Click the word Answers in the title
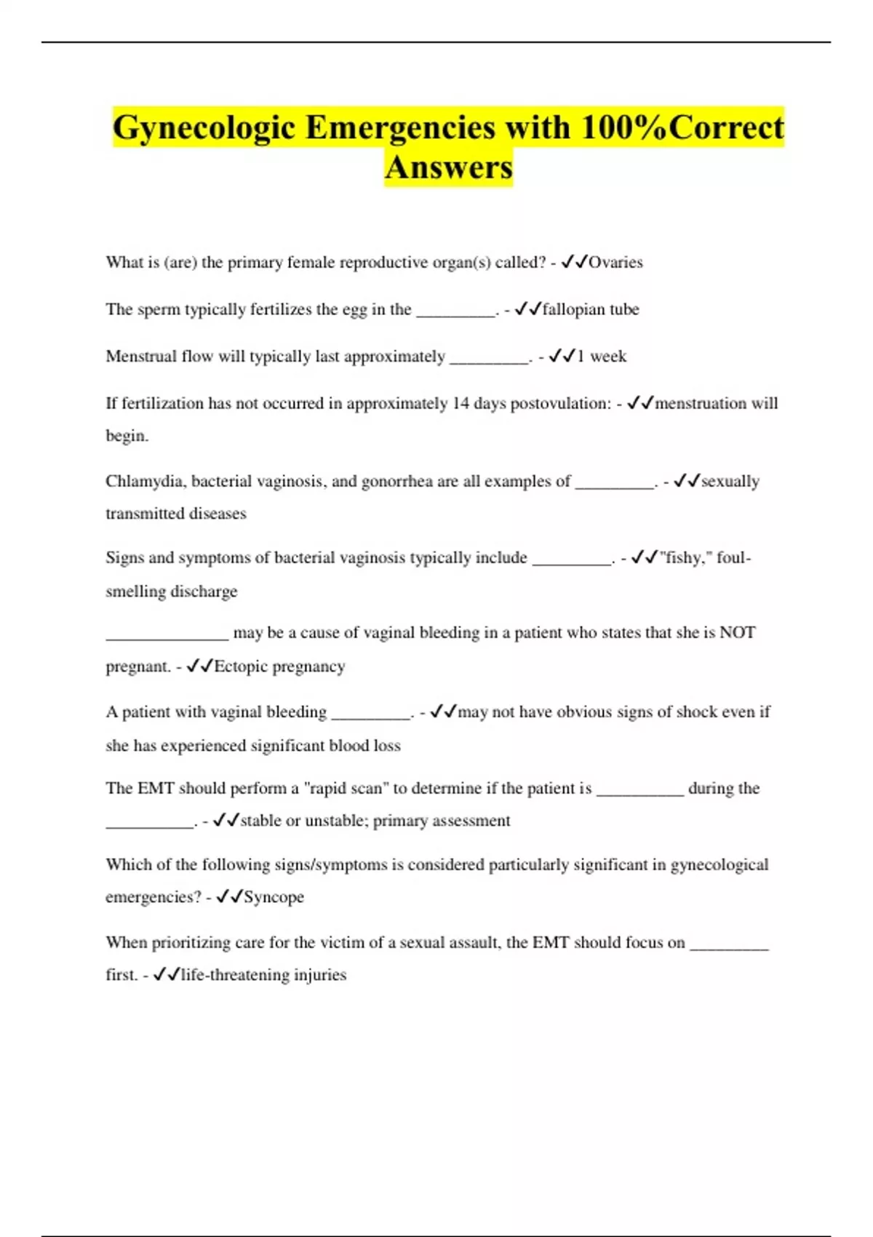(x=449, y=168)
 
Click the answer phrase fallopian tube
(x=591, y=309)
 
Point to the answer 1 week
(x=602, y=357)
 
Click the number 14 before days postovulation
(x=461, y=404)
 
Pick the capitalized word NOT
(x=737, y=633)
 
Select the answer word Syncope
(x=274, y=897)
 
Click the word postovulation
(x=560, y=404)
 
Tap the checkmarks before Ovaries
(x=574, y=263)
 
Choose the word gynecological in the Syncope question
(x=719, y=865)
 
